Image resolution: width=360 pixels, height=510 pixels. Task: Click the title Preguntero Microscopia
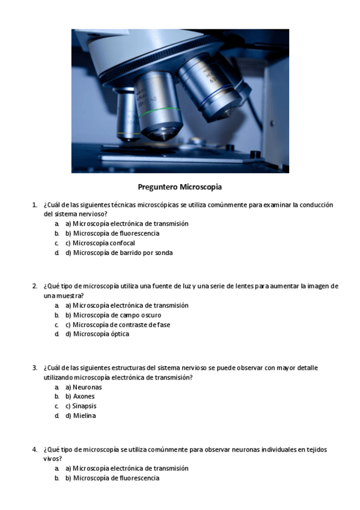180,187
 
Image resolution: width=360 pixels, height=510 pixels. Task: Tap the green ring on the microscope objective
159,111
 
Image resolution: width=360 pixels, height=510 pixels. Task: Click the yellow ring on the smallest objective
128,134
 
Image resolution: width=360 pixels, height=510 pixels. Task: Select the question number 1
34,205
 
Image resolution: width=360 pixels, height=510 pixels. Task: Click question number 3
34,368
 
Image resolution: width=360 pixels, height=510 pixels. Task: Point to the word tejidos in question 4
317,449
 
